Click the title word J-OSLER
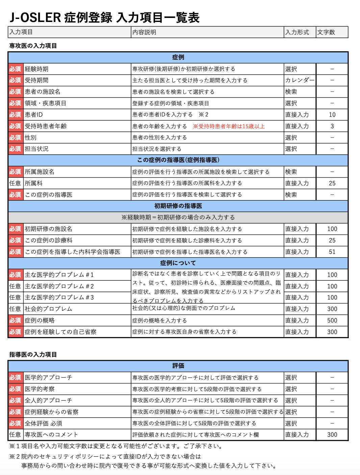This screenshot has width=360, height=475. pyautogui.click(x=35, y=18)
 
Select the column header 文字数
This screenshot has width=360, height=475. pyautogui.click(x=326, y=32)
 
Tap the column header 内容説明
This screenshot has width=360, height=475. pyautogui.click(x=144, y=32)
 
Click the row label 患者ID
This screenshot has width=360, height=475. pyautogui.click(x=34, y=115)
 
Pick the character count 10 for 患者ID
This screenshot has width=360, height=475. pyautogui.click(x=332, y=115)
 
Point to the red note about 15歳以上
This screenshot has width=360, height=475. pyautogui.click(x=229, y=126)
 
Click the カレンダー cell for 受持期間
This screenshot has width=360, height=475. pyautogui.click(x=300, y=80)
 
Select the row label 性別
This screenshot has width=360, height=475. pyautogui.click(x=30, y=137)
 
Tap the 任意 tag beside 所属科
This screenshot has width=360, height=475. pyautogui.click(x=15, y=183)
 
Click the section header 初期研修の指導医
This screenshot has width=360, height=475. pyautogui.click(x=178, y=206)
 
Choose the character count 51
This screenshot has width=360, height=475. pyautogui.click(x=332, y=252)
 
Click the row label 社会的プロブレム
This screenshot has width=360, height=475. pyautogui.click(x=48, y=309)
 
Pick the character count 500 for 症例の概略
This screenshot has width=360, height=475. pyautogui.click(x=332, y=320)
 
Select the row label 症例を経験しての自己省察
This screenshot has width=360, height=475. pyautogui.click(x=60, y=332)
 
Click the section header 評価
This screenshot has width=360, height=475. pyautogui.click(x=178, y=366)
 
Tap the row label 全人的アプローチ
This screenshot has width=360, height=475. pyautogui.click(x=48, y=400)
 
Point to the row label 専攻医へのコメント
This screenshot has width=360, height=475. pyautogui.click(x=51, y=434)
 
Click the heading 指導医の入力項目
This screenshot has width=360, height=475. pyautogui.click(x=33, y=354)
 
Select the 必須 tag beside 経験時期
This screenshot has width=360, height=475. pyautogui.click(x=15, y=69)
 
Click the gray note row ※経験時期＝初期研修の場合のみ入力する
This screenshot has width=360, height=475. pyautogui.click(x=178, y=217)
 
